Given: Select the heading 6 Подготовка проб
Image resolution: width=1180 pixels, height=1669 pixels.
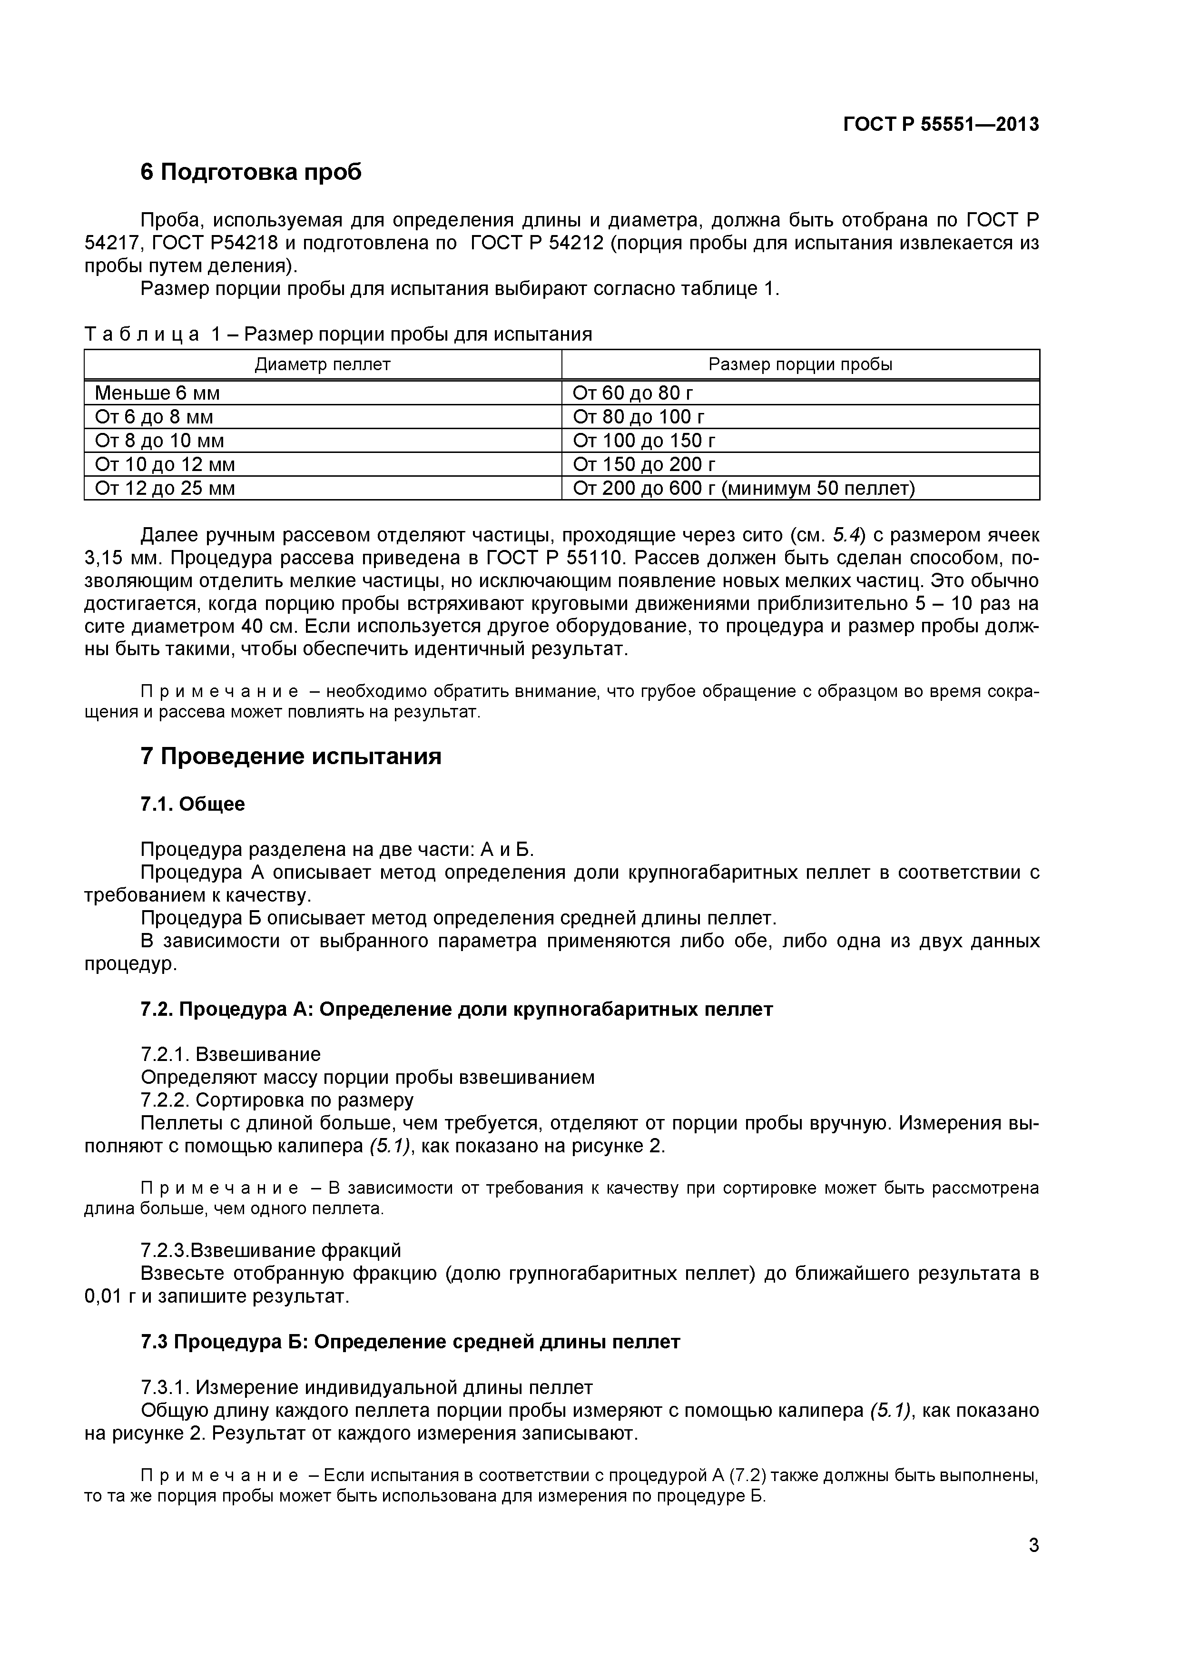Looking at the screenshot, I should click(x=251, y=172).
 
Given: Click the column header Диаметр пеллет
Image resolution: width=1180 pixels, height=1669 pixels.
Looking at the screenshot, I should click(x=322, y=364).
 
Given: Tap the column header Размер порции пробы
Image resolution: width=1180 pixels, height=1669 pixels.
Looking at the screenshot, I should click(x=800, y=364).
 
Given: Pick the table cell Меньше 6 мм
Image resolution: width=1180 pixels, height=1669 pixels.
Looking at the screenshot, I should click(x=157, y=393).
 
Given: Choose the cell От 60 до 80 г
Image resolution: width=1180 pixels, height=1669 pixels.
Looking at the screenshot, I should click(x=632, y=393).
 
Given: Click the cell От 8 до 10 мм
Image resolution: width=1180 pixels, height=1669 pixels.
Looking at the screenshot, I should click(x=159, y=441).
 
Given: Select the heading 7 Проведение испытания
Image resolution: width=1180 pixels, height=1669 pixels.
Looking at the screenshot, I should click(x=291, y=757).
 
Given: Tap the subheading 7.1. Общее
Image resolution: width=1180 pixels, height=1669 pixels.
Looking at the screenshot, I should click(x=193, y=804).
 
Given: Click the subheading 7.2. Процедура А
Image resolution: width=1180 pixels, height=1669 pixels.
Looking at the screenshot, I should click(x=457, y=1009).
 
